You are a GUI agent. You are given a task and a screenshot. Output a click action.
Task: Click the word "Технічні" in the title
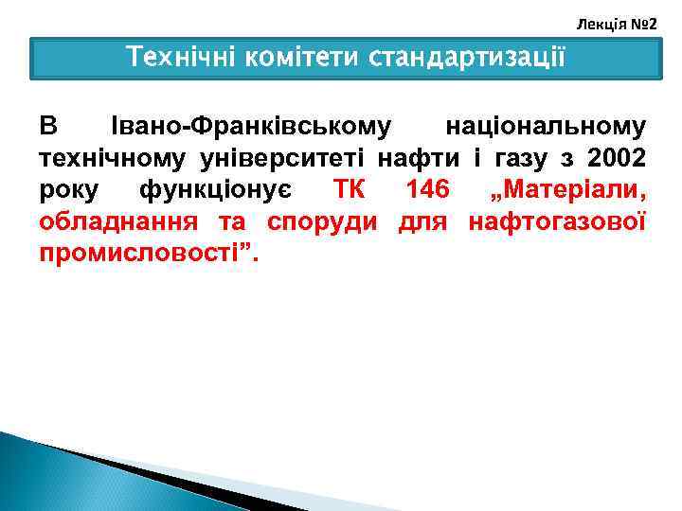(x=181, y=59)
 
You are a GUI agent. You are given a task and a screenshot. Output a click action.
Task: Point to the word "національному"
(x=546, y=125)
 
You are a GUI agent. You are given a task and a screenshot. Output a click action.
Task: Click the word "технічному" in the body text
(x=103, y=157)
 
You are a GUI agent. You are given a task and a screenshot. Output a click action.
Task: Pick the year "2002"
(x=616, y=157)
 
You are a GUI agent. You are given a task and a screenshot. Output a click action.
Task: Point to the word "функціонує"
(x=215, y=189)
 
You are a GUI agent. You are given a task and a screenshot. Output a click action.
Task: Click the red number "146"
(x=427, y=189)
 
